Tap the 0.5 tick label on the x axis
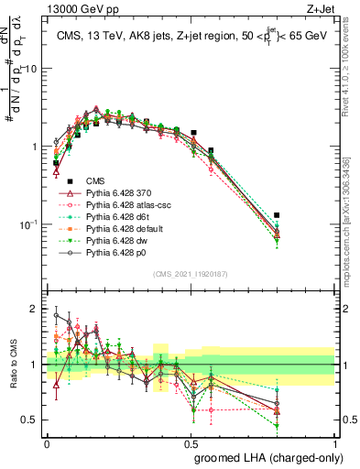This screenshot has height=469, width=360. click(x=191, y=442)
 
